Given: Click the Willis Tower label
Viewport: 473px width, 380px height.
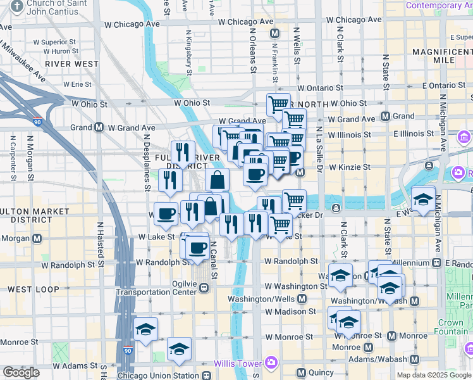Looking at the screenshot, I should click(x=237, y=364).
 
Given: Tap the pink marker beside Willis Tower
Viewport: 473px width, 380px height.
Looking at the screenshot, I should click(x=271, y=362).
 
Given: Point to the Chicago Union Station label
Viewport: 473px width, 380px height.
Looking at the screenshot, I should click(x=158, y=376).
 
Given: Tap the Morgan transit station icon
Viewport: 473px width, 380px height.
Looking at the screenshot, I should click(x=37, y=239).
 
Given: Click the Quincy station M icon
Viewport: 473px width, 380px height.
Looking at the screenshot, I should click(x=301, y=372).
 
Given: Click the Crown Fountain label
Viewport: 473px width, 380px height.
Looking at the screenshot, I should click(x=450, y=327).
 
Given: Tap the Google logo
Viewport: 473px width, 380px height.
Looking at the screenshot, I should click(x=21, y=372).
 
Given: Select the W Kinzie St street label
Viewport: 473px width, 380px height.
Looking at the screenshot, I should click(x=348, y=167).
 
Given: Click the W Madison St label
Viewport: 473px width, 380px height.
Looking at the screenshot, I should click(x=290, y=312).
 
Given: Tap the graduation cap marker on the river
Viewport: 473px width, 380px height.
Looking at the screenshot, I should click(x=423, y=199).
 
